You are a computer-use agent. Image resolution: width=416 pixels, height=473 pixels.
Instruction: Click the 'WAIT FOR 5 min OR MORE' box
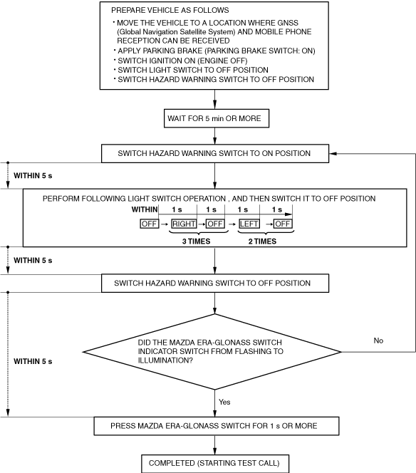pyautogui.click(x=217, y=118)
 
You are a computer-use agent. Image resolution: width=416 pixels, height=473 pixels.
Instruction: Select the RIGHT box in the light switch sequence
pyautogui.click(x=184, y=224)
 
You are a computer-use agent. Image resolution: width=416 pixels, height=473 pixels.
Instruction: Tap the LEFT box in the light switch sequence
pyautogui.click(x=249, y=224)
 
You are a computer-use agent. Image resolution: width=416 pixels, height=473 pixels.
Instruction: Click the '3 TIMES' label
pyautogui.click(x=196, y=241)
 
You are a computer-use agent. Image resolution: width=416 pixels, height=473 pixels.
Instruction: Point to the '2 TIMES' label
pyautogui.click(x=262, y=241)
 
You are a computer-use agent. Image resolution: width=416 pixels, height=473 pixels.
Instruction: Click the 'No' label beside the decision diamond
pyautogui.click(x=378, y=341)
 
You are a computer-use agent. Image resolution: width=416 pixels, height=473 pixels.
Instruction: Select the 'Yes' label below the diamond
pyautogui.click(x=224, y=402)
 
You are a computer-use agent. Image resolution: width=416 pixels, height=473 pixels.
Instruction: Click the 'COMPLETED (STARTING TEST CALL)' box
pyautogui.click(x=215, y=463)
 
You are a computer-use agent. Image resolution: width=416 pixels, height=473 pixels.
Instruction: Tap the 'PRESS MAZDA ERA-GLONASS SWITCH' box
pyautogui.click(x=217, y=426)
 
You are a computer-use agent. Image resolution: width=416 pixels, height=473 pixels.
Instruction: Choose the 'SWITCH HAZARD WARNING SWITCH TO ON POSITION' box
pyautogui.click(x=215, y=154)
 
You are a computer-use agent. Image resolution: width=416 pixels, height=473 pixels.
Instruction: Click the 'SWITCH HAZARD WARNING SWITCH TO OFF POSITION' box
pyautogui.click(x=215, y=284)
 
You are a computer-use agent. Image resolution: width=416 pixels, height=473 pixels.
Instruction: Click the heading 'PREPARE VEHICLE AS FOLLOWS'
pyautogui.click(x=170, y=10)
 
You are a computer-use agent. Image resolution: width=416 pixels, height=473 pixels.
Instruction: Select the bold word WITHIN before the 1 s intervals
pyautogui.click(x=145, y=209)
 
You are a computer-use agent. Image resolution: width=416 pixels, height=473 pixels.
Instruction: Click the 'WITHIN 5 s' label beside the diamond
pyautogui.click(x=33, y=361)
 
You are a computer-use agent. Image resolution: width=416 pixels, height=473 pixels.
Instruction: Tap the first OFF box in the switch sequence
pyautogui.click(x=150, y=224)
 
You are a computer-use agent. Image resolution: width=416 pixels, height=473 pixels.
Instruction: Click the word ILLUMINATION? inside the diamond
pyautogui.click(x=165, y=360)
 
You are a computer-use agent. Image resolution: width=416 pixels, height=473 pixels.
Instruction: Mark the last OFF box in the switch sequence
pyautogui.click(x=283, y=224)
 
